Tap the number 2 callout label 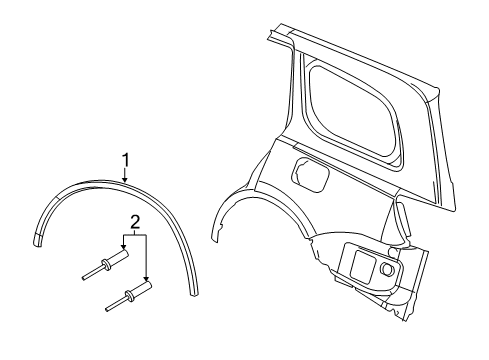[x=133, y=221]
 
